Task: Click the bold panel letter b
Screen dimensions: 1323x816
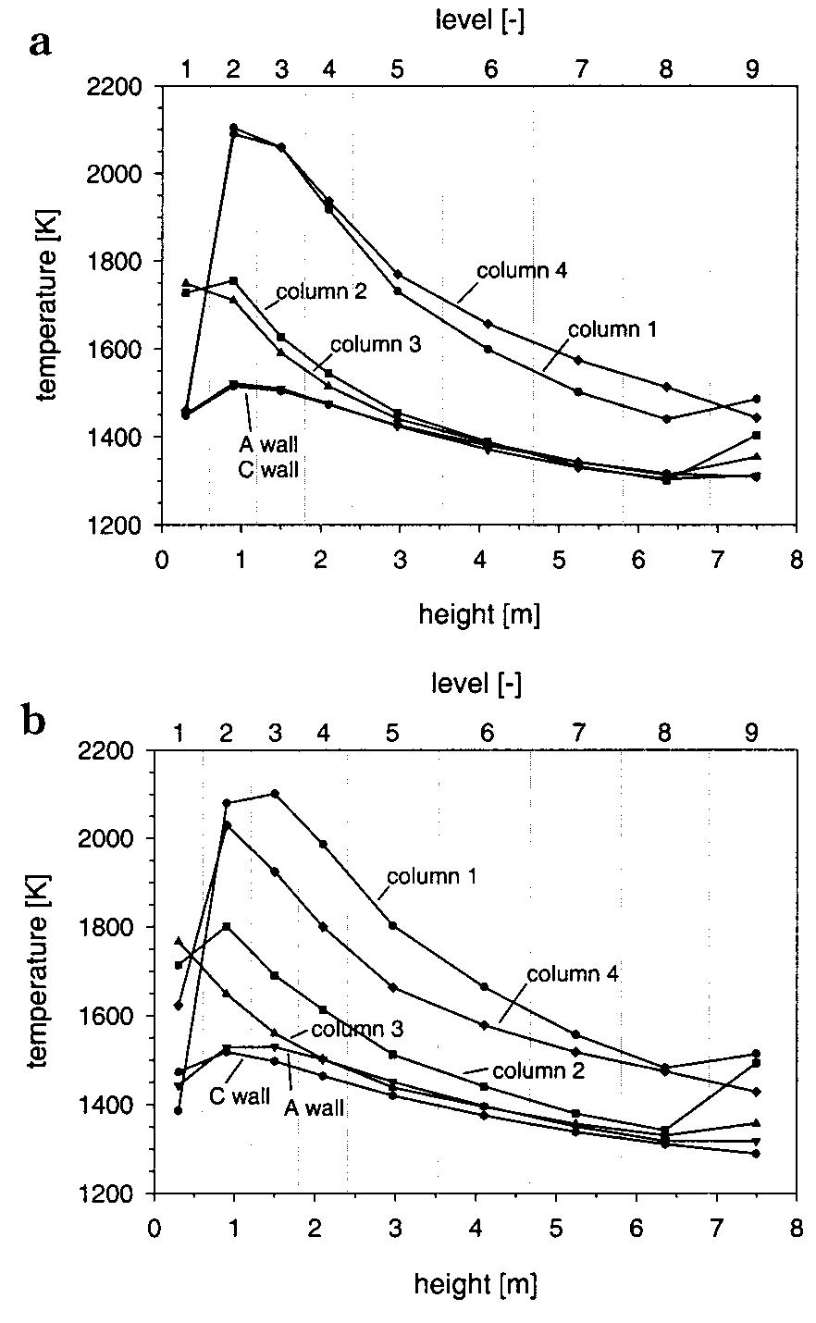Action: (x=34, y=723)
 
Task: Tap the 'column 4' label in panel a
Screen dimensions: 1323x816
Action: (x=521, y=271)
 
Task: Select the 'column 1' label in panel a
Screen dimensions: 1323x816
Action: (x=612, y=328)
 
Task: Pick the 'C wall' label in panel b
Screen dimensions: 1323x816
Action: (x=239, y=1097)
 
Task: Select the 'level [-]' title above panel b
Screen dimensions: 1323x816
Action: (x=476, y=684)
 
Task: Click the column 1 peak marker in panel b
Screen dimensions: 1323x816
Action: (x=275, y=794)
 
